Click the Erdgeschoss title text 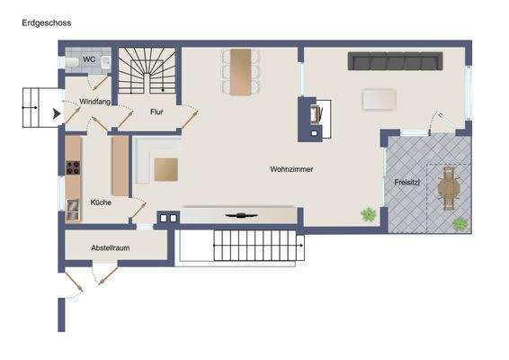coord(47,23)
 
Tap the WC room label coord(89,60)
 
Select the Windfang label coord(94,102)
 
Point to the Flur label coord(156,112)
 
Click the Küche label coord(101,202)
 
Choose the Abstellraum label coord(112,247)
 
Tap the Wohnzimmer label coord(291,169)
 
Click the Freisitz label coord(406,183)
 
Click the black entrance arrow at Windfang coord(57,113)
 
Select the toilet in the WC coord(72,62)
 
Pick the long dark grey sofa coord(396,61)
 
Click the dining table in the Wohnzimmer coord(240,71)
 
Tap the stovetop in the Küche coord(73,166)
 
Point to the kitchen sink coord(73,207)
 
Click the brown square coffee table coord(166,169)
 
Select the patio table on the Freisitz coord(449,189)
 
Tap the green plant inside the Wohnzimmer coord(368,214)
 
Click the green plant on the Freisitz coord(460,223)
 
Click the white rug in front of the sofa coord(380,98)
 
